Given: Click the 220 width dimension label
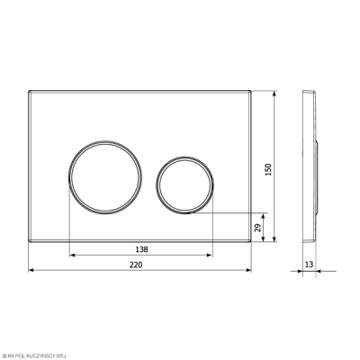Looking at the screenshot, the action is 136,265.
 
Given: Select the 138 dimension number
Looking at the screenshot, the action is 141,249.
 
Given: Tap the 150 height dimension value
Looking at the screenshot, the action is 268,170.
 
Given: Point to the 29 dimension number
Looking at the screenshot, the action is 257,228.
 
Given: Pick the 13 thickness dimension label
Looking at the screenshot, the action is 309,265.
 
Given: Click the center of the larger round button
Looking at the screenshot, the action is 105,177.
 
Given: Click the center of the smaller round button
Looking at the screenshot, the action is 184,185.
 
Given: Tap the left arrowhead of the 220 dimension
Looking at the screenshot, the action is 31,270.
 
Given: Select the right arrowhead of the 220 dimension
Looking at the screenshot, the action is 248,270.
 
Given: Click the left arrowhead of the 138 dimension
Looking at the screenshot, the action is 72,256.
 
